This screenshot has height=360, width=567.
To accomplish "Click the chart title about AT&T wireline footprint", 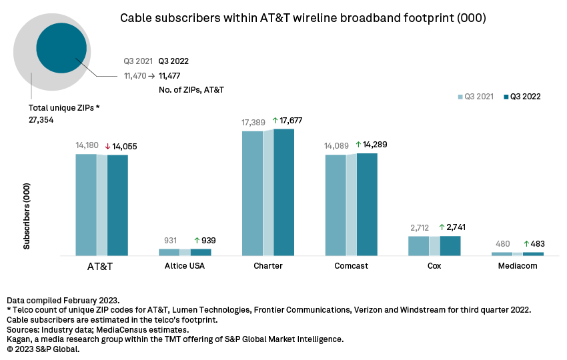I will tap(303, 18).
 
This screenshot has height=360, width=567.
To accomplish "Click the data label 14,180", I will tap(88, 146).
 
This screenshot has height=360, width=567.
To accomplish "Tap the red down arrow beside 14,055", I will tap(107, 146).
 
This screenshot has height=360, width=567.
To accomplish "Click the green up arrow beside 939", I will tap(197, 241).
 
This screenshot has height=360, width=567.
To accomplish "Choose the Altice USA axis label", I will tap(185, 266).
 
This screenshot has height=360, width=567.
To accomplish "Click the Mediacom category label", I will tap(517, 266).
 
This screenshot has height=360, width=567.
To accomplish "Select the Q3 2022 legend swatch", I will tap(506, 97).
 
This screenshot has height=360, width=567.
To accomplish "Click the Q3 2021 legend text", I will tap(479, 97).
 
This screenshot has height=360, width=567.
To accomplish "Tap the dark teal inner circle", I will tap(61, 48).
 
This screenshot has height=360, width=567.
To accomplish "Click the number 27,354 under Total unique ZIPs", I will tap(41, 119).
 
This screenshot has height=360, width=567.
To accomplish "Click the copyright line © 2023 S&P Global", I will tap(43, 349).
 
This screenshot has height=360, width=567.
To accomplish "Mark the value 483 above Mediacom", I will tap(538, 243).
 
